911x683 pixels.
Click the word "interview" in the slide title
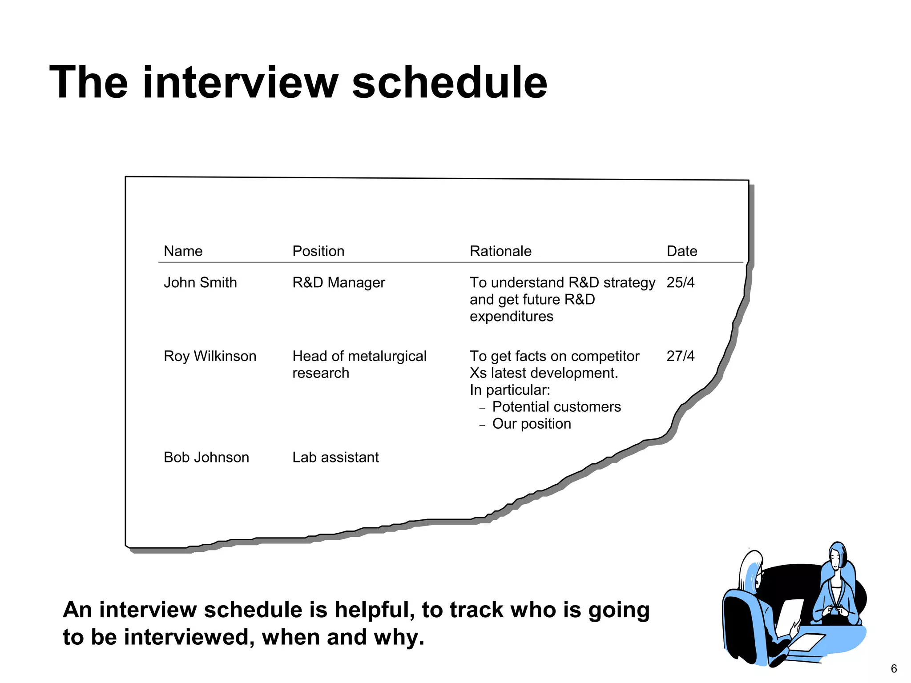241,83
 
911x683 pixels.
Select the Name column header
183,251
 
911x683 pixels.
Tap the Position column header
318,251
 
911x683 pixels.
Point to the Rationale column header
500,251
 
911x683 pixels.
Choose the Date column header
681,251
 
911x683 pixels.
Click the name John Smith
200,282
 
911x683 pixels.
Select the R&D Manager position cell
339,282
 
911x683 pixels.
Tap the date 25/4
680,282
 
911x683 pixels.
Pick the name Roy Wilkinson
210,356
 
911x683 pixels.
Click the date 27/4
680,356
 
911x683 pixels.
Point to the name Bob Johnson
206,457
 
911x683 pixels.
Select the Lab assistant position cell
335,457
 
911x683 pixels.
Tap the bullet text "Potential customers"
556,407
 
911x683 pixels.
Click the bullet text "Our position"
532,424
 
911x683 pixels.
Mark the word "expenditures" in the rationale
512,317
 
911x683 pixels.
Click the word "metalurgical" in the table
387,356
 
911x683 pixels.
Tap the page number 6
894,669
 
